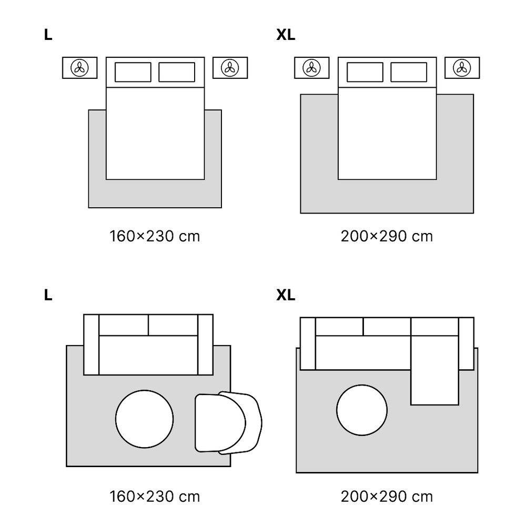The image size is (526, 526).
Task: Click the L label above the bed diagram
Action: [x=48, y=35]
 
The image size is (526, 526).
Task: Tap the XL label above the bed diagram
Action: [x=286, y=35]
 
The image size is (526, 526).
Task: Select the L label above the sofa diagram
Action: [x=48, y=295]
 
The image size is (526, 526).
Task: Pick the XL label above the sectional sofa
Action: [x=286, y=295]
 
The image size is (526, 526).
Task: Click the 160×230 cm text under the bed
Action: [x=155, y=236]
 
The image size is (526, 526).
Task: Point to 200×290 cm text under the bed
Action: [x=387, y=236]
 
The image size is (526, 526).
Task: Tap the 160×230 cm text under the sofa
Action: [x=155, y=497]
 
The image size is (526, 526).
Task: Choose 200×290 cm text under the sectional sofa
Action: [x=387, y=497]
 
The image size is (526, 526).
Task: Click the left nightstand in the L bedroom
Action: [x=80, y=68]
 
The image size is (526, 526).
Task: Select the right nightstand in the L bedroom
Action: [x=230, y=68]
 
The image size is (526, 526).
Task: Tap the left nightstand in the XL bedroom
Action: [x=311, y=68]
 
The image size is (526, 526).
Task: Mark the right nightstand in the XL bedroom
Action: [x=462, y=68]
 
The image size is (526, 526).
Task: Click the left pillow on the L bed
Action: [x=133, y=72]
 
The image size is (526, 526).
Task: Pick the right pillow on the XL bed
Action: [x=409, y=72]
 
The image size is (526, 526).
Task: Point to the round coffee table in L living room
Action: [x=144, y=419]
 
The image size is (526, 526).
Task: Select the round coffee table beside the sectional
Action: [x=362, y=410]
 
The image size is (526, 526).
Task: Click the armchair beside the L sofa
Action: [x=228, y=423]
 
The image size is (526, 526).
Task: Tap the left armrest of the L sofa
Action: [x=91, y=345]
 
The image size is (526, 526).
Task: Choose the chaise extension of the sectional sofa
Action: [x=435, y=370]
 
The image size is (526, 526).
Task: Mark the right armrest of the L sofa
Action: [x=205, y=345]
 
